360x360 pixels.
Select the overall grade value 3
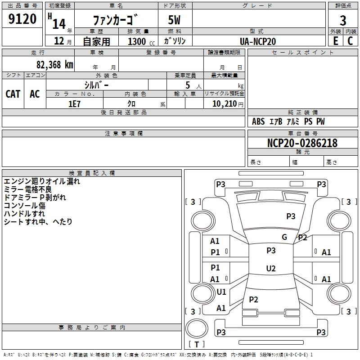pos(343,20)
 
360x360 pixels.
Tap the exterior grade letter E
pos(335,40)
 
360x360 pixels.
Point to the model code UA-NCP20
pos(258,41)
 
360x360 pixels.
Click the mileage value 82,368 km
pos(54,64)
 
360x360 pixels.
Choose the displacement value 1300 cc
pos(139,42)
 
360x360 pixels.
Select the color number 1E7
pos(74,103)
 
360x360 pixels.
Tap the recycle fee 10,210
pos(226,103)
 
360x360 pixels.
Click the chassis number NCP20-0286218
pos(302,143)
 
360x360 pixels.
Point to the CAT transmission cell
pos(13,94)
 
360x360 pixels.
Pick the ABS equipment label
pos(258,121)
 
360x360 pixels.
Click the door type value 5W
pos(174,20)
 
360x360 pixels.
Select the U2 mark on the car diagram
pos(271,269)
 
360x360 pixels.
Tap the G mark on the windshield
pos(284,237)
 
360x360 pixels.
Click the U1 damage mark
pos(221,292)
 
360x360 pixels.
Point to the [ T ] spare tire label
pos(197,344)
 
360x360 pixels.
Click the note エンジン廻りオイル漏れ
pos(42,181)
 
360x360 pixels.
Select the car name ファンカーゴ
pos(115,20)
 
